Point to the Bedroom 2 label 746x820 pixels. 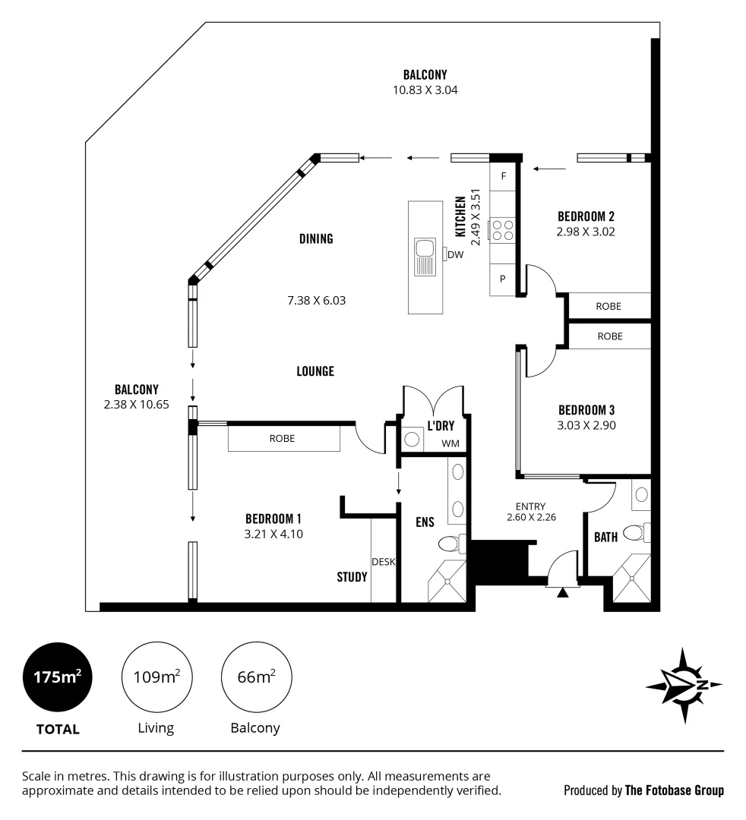(585, 216)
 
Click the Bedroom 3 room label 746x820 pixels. (585, 410)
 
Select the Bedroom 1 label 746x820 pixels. (273, 519)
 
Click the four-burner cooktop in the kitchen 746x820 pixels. (502, 230)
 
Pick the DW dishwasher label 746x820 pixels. (455, 255)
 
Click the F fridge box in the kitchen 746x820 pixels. (503, 176)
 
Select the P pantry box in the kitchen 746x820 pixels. (503, 279)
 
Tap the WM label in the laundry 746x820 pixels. (450, 443)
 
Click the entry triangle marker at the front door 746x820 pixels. (562, 593)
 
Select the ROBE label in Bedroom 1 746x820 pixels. (282, 438)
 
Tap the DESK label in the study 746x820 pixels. (382, 562)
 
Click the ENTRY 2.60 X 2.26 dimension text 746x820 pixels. (530, 512)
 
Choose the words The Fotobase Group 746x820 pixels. (674, 790)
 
